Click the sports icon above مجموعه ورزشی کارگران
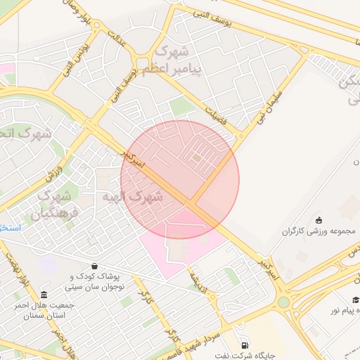[x=319, y=221]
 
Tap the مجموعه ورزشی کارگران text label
[x=320, y=231]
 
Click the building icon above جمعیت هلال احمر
[x=45, y=295]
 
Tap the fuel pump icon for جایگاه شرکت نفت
[x=244, y=345]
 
